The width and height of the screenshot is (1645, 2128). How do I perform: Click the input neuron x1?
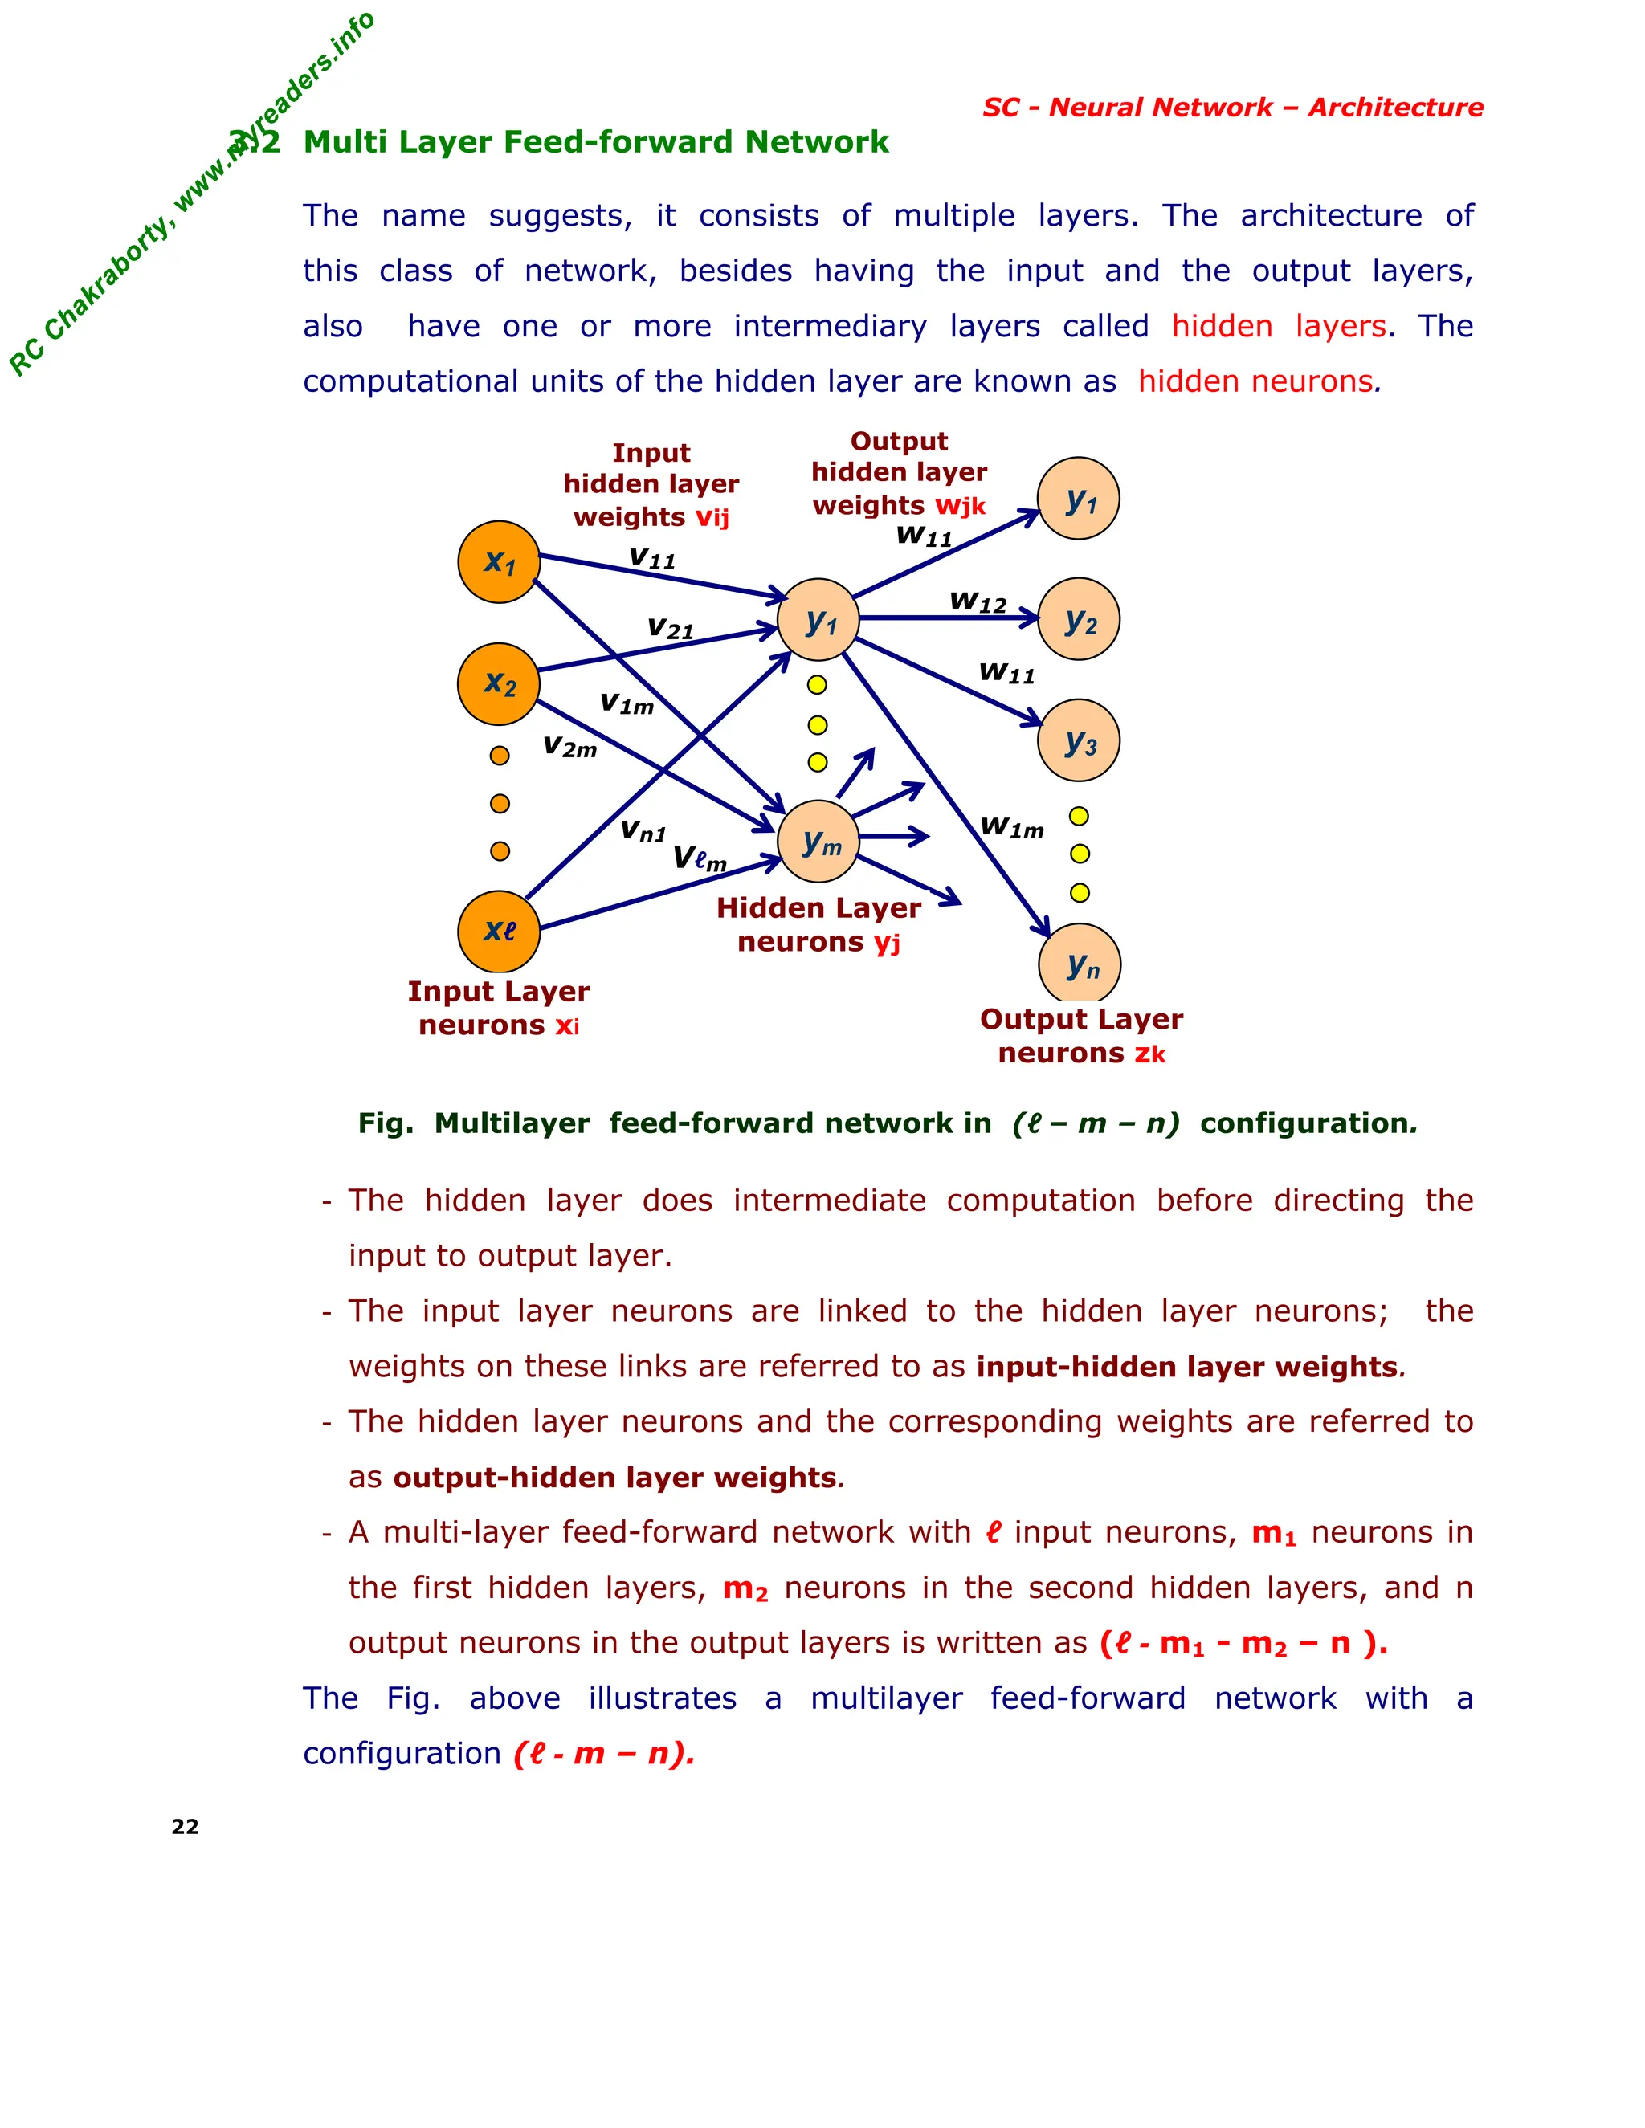click(x=499, y=562)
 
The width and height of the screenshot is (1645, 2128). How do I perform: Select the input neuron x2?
click(x=499, y=684)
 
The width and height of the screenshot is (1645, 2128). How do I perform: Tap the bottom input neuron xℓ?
click(x=499, y=932)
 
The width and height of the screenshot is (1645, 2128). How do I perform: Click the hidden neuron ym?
click(x=818, y=842)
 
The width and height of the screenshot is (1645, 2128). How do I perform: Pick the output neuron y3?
click(x=1079, y=740)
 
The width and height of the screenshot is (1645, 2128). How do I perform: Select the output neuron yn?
click(x=1080, y=964)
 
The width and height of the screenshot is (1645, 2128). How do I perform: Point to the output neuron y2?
click(x=1079, y=620)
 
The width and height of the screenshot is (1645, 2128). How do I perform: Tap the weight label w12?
click(x=978, y=602)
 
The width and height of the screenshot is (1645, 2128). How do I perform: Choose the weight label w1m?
click(x=1011, y=827)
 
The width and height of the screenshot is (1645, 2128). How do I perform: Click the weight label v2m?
click(x=570, y=748)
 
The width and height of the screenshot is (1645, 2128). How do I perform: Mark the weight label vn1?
click(x=643, y=831)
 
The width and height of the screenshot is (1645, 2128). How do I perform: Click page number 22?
click(x=186, y=1827)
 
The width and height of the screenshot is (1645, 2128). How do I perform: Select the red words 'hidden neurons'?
click(x=1255, y=381)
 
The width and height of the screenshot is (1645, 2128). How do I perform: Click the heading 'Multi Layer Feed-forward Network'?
click(x=595, y=142)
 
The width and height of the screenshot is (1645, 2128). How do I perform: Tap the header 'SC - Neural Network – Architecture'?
click(x=1232, y=107)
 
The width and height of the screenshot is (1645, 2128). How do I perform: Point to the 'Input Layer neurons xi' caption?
click(x=499, y=1009)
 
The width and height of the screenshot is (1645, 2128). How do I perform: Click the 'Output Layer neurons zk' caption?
click(x=1081, y=1036)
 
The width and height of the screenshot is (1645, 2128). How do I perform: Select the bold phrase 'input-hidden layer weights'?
click(x=1187, y=1367)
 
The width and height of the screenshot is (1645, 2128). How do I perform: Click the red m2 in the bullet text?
click(x=745, y=1588)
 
